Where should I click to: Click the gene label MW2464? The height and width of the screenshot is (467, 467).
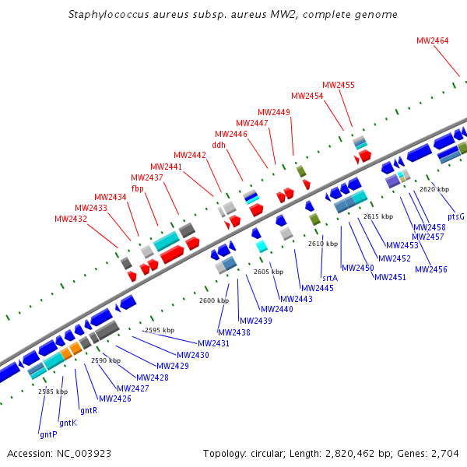432,40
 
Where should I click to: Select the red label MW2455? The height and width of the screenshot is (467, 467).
338,85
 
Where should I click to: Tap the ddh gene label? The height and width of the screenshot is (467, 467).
219,144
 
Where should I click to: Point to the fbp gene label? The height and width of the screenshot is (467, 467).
137,188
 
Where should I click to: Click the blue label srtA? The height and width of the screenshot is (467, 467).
329,277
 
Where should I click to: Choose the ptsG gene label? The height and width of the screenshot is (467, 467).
455,216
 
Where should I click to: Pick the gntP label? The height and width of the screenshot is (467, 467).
47,434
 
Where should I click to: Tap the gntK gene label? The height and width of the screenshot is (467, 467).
68,423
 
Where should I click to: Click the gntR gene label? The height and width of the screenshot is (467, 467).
89,410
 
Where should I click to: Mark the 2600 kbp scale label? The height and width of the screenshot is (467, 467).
213,300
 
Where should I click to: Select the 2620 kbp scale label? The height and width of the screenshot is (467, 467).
434,189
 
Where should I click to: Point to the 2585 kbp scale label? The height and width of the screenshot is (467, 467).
52,392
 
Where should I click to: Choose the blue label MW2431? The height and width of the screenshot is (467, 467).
213,343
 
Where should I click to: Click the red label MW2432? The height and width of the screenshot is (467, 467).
70,219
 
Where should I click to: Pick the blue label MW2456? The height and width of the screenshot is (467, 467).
431,269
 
